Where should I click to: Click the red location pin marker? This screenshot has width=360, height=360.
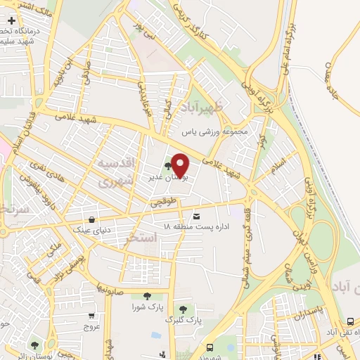[x=180, y=165]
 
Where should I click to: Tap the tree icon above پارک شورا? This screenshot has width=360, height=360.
[x=146, y=296]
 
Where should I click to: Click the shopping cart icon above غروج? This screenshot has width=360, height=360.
[x=93, y=316]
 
